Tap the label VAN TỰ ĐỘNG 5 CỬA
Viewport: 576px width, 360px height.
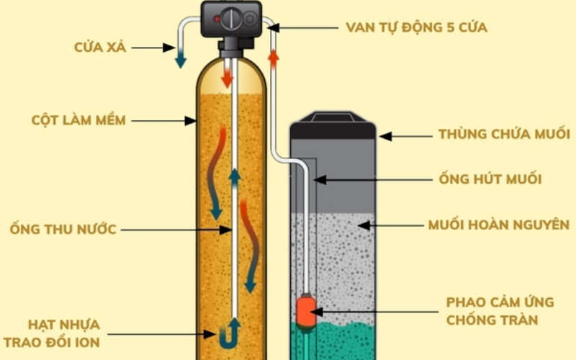[x=416, y=28]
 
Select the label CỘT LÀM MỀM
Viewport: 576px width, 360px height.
[x=79, y=120]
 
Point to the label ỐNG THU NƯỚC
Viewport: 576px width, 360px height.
[x=63, y=230]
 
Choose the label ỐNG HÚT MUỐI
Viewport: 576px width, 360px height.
[x=490, y=179]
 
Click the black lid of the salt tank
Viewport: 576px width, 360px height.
[x=333, y=127]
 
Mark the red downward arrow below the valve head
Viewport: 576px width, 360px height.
[x=228, y=75]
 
